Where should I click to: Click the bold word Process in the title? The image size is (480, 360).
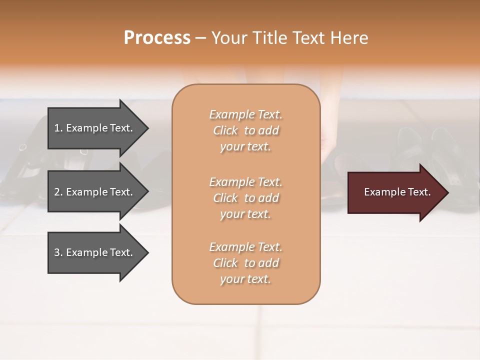point(157,38)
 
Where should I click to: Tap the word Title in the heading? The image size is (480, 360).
point(270,38)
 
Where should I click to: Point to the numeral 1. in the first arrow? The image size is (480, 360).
point(58,128)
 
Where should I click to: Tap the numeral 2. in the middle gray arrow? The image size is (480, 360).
point(58,192)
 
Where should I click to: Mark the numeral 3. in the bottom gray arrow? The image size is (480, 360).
point(58,252)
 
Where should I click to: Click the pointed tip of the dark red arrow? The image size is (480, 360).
point(446,192)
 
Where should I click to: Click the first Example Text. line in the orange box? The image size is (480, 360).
point(245,114)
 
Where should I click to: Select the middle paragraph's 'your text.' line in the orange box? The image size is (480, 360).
point(245,214)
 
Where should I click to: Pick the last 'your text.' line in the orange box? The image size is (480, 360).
point(245,279)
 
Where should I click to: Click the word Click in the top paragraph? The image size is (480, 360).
point(225,130)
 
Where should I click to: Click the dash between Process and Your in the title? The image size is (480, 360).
point(200,38)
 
